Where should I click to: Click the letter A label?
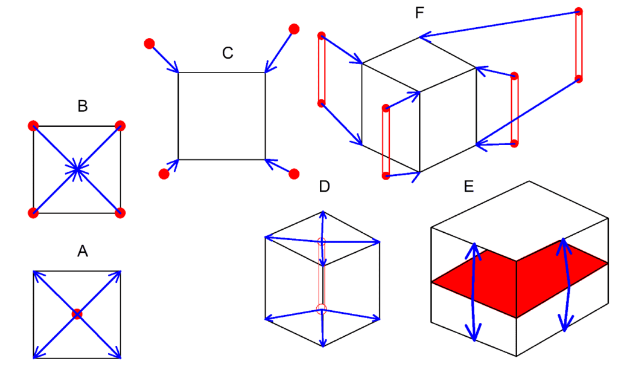point(83,250)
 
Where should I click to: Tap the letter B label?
point(83,106)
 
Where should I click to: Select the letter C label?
point(228,53)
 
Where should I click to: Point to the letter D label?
point(324,186)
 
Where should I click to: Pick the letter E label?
point(469,186)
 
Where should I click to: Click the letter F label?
point(420,13)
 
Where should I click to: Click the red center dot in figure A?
point(77,314)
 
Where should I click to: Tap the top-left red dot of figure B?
point(33,126)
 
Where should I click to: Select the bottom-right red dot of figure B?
point(120,212)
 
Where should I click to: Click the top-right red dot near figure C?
point(294,28)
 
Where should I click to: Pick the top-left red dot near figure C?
point(149,44)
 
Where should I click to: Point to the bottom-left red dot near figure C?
point(164,174)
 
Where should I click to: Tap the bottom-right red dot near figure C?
point(294,174)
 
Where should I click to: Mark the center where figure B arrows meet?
point(77,169)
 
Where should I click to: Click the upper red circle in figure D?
point(321,242)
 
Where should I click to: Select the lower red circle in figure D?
point(321,308)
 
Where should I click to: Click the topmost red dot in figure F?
point(578,11)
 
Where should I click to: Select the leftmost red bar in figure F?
point(322,69)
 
